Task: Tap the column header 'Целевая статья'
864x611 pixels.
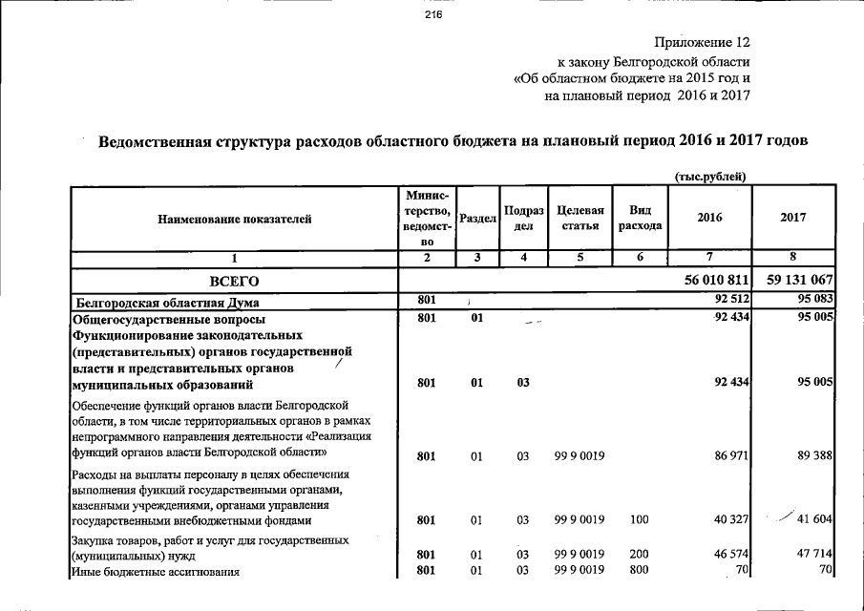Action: (x=579, y=218)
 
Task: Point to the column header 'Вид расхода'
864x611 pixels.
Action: (x=640, y=218)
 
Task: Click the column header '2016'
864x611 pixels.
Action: (x=710, y=218)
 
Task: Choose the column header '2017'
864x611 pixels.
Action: (x=792, y=218)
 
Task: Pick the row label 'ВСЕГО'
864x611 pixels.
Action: (x=235, y=281)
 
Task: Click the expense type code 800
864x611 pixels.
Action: (x=640, y=571)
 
